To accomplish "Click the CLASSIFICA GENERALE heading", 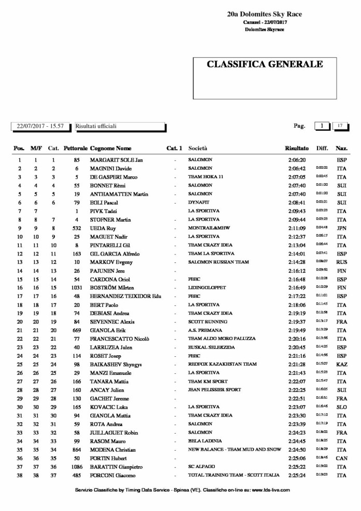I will tap(265, 64).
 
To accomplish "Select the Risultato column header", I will tap(297, 148).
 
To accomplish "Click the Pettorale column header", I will tap(76, 148).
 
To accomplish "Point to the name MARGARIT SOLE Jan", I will tap(116, 160).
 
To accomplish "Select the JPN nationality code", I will tap(342, 228).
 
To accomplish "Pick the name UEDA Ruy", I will tap(103, 228).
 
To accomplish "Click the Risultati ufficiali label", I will tap(96, 126).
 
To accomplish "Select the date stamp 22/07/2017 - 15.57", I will tap(40, 126).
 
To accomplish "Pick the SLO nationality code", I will tap(342, 406).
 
